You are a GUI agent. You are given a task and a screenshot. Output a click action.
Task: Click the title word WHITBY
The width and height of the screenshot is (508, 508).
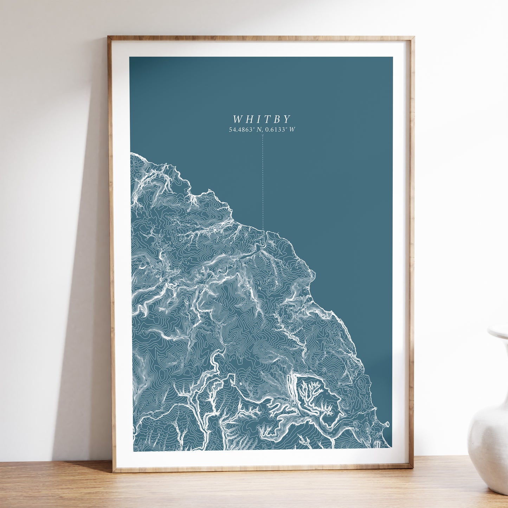[x=262, y=119]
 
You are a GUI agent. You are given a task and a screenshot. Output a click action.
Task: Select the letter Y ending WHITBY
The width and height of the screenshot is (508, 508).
[x=287, y=119]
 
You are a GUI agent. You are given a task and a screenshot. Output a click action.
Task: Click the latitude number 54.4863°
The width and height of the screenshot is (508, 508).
[x=242, y=130]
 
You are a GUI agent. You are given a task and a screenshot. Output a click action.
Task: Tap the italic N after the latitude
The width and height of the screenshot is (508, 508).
[x=259, y=130]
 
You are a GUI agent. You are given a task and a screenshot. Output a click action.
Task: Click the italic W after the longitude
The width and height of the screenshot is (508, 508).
[x=292, y=130]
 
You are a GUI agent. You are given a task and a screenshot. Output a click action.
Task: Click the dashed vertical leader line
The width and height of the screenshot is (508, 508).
[x=263, y=183]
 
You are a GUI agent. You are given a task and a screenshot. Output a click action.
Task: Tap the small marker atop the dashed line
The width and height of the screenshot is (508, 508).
[x=263, y=135]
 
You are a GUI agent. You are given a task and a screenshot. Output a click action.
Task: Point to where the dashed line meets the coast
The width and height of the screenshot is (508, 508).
[x=263, y=230]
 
